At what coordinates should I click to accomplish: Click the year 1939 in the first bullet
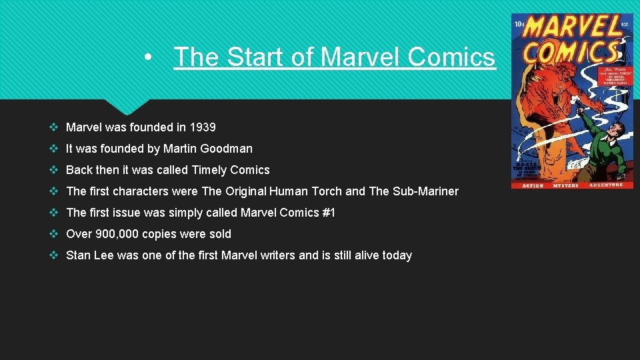[203, 127]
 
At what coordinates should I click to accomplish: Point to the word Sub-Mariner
[425, 191]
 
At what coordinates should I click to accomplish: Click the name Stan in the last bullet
[78, 255]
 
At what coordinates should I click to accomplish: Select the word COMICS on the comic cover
[571, 53]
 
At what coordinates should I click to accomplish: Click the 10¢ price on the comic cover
[520, 25]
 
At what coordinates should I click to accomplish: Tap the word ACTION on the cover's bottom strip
[532, 185]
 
